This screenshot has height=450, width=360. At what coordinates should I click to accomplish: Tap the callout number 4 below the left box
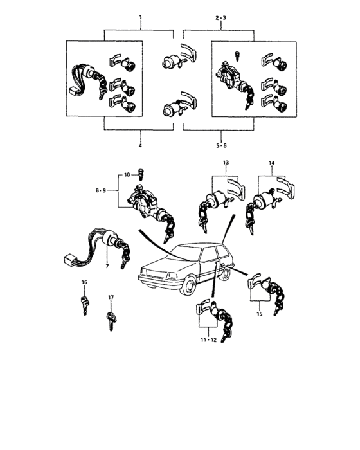point(140,145)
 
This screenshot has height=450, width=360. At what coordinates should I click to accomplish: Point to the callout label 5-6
point(221,145)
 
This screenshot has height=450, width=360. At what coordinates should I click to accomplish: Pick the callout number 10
point(127,174)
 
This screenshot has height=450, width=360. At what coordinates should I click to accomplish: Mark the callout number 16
point(84,283)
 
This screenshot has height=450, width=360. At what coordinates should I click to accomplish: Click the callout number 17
point(111,297)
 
